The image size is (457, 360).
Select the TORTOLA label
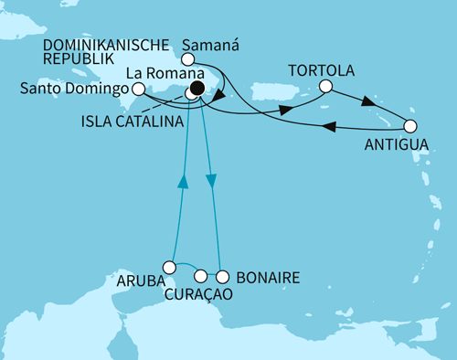tap(318, 70)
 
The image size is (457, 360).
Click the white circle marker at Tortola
tap(326, 89)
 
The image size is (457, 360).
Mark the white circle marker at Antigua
tap(410, 126)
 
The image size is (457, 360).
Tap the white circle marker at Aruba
tap(168, 267)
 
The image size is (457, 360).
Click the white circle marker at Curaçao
tap(201, 275)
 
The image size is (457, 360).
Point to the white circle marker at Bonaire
tap(221, 275)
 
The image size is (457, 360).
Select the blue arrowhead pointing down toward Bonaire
tap(213, 181)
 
